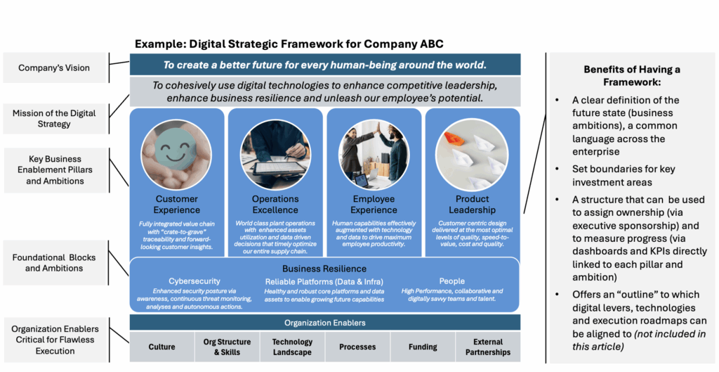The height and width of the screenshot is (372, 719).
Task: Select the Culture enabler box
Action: tap(162, 347)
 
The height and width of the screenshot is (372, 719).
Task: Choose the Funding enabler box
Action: tap(422, 347)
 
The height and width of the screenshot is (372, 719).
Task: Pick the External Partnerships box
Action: tap(488, 347)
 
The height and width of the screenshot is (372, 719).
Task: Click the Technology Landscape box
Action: tap(292, 347)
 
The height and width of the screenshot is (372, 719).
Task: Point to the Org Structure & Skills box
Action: tap(227, 347)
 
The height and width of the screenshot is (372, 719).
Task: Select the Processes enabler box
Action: tap(357, 347)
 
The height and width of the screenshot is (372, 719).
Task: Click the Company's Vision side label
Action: tap(54, 68)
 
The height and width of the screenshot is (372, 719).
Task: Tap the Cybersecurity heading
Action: tap(194, 281)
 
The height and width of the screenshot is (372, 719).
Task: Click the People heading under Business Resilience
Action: tap(451, 281)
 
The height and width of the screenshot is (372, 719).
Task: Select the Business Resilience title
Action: tap(324, 269)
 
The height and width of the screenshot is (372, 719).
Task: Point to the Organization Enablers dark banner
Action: tap(325, 322)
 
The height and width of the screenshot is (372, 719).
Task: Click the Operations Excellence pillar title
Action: tap(275, 205)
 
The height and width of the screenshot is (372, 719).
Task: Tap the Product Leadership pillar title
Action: tap(473, 205)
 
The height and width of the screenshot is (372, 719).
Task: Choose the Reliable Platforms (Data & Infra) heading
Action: tap(324, 281)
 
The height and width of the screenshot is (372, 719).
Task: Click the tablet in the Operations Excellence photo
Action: tap(274, 168)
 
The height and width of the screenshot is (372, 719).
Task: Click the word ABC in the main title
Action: tap(432, 44)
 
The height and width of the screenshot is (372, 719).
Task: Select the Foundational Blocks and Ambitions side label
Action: tap(54, 263)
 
